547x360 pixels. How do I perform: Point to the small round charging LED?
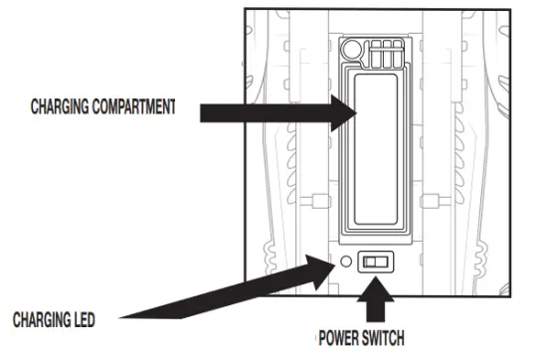(344, 263)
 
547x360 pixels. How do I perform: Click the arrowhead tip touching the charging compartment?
(356, 112)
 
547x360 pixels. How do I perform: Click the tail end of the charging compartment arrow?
(202, 112)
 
